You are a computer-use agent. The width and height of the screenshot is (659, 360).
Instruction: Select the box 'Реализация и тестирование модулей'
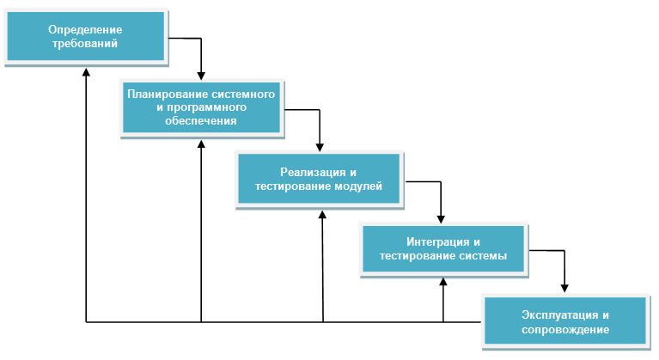coord(319,180)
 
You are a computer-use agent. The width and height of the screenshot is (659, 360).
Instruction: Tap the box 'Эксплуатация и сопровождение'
coord(564,321)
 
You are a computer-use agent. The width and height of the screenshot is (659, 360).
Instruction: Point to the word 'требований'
coord(83,43)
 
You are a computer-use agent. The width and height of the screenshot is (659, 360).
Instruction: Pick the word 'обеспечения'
coord(201,121)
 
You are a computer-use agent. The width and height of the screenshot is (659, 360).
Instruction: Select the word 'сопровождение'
coord(564,329)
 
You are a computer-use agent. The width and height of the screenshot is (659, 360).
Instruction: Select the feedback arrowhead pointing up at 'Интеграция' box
coord(443,281)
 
